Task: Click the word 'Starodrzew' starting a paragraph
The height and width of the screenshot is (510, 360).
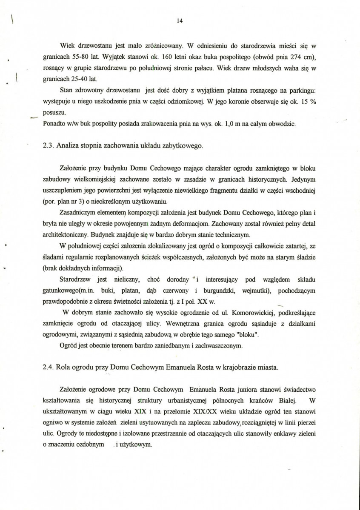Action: coord(76,279)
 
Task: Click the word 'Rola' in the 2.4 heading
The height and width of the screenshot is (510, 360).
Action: coord(63,367)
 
